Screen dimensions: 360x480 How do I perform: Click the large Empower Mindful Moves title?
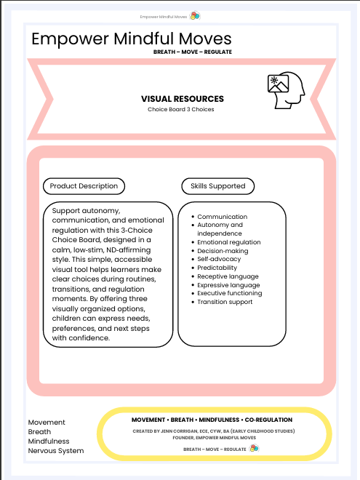pos(132,39)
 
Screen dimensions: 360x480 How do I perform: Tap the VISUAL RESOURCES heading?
pos(183,99)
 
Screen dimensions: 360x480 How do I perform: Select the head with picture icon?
pos(285,92)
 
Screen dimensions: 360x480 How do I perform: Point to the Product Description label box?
pos(84,186)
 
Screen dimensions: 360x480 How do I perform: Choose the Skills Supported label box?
pos(218,186)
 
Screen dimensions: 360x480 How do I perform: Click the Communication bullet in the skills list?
pos(222,217)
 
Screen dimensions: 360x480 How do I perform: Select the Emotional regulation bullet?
pos(228,242)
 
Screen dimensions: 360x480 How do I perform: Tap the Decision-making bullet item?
pos(223,251)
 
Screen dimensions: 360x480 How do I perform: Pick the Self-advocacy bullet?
pos(220,260)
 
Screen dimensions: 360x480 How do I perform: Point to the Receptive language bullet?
pos(228,276)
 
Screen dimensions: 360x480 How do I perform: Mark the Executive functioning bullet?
pos(229,293)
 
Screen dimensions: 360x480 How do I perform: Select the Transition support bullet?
pos(225,302)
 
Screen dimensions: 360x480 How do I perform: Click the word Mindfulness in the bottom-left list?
pos(49,441)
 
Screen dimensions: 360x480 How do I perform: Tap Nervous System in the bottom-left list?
pos(56,451)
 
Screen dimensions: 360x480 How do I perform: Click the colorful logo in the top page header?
pos(194,15)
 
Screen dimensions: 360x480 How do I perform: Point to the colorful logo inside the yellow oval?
pos(254,449)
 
